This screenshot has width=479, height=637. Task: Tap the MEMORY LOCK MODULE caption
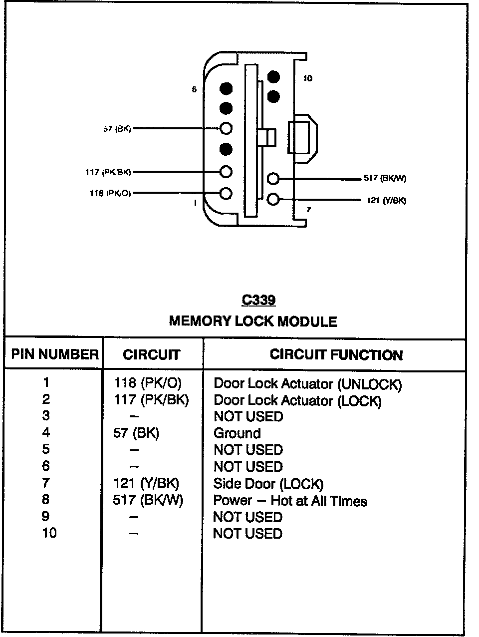click(253, 321)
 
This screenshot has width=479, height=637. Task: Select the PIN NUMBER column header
click(54, 354)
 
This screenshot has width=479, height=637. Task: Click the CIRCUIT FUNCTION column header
click(336, 355)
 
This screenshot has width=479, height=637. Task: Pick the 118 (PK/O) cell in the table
click(148, 383)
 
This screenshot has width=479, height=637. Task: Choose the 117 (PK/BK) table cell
click(151, 399)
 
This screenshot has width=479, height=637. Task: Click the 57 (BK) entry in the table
click(136, 433)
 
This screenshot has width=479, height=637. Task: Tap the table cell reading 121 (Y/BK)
click(146, 483)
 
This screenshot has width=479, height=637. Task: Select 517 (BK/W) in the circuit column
click(148, 500)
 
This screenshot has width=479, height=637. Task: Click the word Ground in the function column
click(237, 433)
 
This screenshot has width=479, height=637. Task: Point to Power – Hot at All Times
click(290, 501)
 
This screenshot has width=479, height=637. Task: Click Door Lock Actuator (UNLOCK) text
click(307, 384)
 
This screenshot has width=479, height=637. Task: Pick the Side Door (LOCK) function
click(268, 484)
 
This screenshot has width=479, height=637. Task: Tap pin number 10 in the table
click(49, 533)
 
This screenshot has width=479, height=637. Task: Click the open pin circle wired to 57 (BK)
click(226, 128)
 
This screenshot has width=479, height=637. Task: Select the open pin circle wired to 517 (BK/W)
click(273, 178)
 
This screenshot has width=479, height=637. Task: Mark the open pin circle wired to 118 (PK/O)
click(226, 193)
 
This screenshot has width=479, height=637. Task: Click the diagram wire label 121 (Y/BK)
click(386, 201)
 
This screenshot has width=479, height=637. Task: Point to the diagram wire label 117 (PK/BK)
click(108, 172)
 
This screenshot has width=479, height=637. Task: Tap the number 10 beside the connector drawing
click(308, 78)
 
